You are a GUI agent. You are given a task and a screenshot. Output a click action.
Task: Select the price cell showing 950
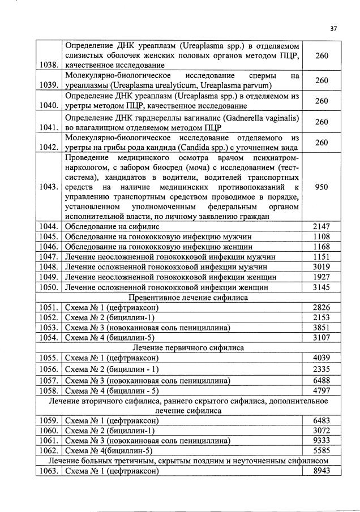(x=322, y=187)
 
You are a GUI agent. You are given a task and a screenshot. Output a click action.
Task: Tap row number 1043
(x=49, y=187)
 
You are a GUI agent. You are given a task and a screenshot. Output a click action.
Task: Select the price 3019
(x=322, y=266)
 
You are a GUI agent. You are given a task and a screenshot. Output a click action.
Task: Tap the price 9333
(x=322, y=440)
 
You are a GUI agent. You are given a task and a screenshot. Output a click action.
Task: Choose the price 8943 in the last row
(x=322, y=471)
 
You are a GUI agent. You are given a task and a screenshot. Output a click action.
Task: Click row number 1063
(x=49, y=471)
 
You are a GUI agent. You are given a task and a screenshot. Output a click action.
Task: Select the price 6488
(x=322, y=380)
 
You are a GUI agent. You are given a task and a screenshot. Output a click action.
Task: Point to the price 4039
(x=322, y=358)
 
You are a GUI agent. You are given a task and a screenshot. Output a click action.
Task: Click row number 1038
(x=49, y=65)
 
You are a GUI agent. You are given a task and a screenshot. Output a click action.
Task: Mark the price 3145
(x=322, y=287)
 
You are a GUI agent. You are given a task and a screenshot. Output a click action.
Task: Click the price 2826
(x=322, y=307)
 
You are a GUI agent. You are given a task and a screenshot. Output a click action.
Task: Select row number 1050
(x=49, y=287)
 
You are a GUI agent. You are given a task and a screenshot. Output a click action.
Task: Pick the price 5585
(x=322, y=450)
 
